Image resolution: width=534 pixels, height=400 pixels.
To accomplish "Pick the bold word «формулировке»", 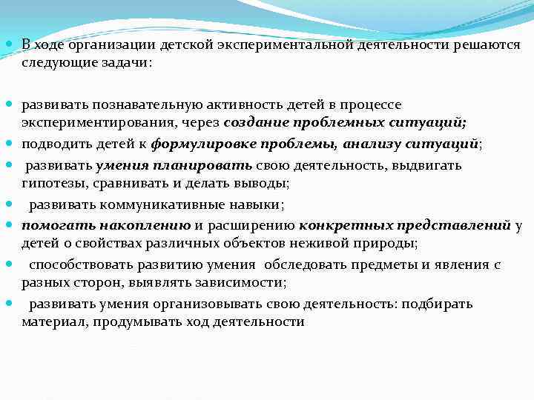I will tap(199, 144).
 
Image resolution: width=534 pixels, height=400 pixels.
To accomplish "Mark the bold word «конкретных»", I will tap(339, 225).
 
